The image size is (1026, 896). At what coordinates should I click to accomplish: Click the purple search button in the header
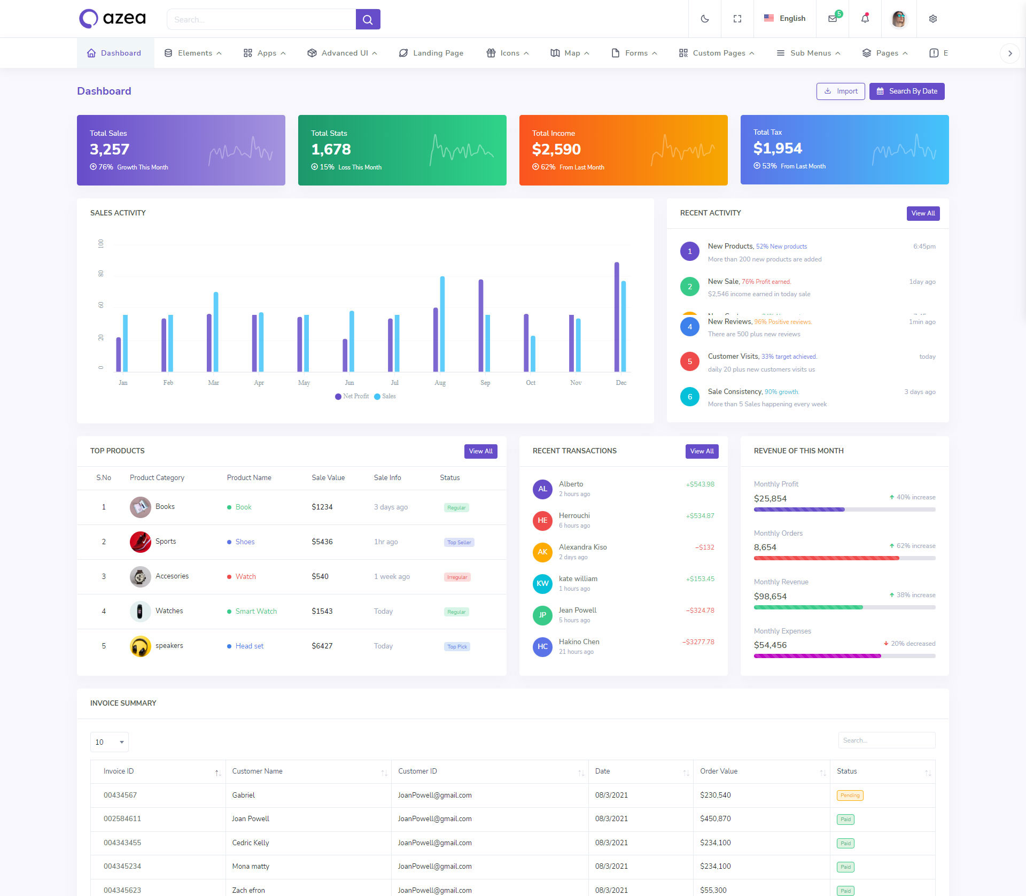click(368, 19)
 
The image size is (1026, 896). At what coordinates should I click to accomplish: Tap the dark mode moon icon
click(705, 19)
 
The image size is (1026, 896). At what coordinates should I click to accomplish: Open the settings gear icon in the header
click(932, 19)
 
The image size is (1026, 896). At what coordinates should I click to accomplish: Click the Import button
click(840, 91)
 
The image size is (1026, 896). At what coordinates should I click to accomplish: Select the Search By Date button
click(906, 91)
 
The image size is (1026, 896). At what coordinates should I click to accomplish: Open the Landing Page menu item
click(431, 53)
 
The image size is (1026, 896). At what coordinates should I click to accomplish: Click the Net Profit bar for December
click(617, 316)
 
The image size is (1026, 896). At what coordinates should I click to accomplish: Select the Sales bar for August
click(442, 324)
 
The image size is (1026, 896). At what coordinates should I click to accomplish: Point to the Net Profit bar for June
click(345, 355)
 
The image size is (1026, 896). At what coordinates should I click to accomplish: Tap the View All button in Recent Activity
click(923, 213)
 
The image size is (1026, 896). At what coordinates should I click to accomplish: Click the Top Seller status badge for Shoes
click(459, 542)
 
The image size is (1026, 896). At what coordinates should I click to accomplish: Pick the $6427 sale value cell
click(322, 646)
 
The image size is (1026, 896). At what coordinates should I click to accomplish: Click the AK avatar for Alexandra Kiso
click(542, 552)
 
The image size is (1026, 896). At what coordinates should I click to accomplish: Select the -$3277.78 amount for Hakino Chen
click(698, 642)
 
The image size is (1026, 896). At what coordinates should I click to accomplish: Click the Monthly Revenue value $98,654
click(770, 596)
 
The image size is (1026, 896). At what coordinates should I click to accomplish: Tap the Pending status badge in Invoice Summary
click(850, 795)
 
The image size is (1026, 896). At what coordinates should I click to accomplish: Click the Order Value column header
click(719, 771)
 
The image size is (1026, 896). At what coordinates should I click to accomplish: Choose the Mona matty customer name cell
click(251, 866)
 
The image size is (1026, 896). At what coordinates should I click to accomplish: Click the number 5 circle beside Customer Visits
click(690, 361)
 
